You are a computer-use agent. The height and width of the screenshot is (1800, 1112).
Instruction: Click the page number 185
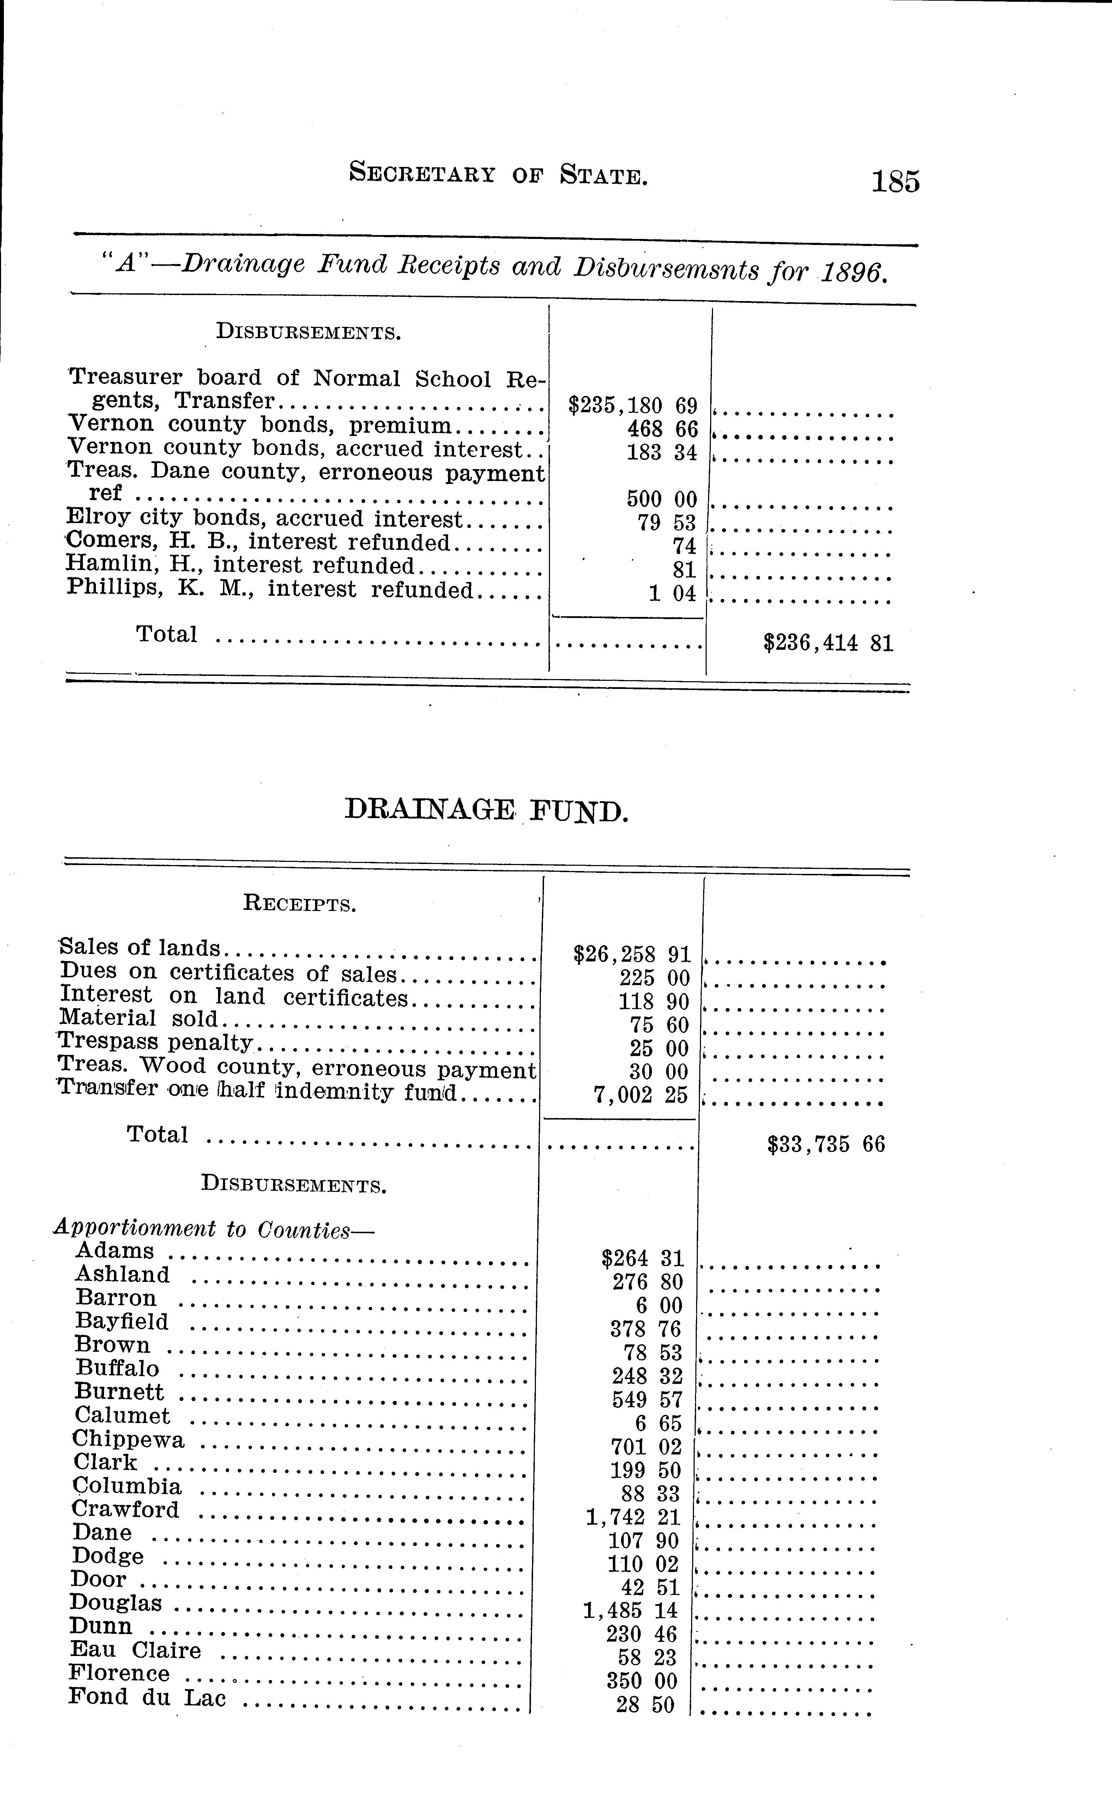[895, 181]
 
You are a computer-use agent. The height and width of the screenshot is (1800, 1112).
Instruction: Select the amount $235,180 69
[633, 405]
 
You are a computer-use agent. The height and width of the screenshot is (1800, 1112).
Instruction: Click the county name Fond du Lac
[147, 1697]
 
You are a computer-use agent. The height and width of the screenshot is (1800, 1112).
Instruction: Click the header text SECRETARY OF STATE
[498, 174]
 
